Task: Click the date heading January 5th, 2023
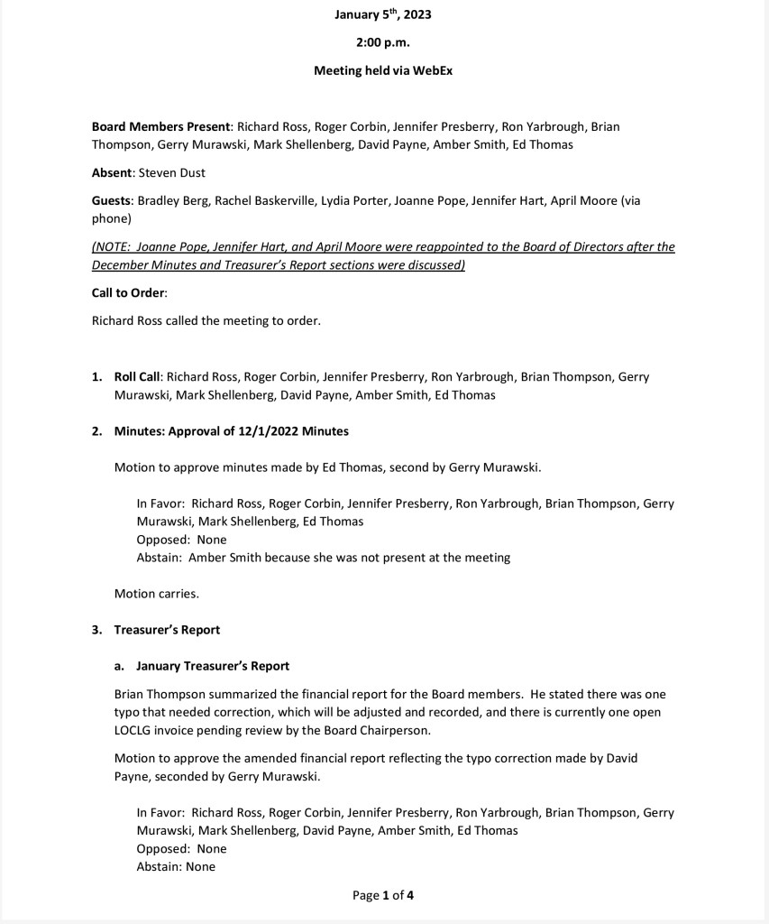[x=383, y=14]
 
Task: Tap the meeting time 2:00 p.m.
[x=383, y=42]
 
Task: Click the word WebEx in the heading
[x=433, y=70]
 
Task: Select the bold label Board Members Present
[x=161, y=126]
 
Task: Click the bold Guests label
[x=113, y=200]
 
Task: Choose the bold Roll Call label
[x=137, y=376]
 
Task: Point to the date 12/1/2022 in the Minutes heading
[x=270, y=431]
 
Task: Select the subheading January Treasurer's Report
[x=213, y=666]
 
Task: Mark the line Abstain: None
[x=176, y=866]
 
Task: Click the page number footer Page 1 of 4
[x=383, y=896]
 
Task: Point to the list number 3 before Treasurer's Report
[x=96, y=630]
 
